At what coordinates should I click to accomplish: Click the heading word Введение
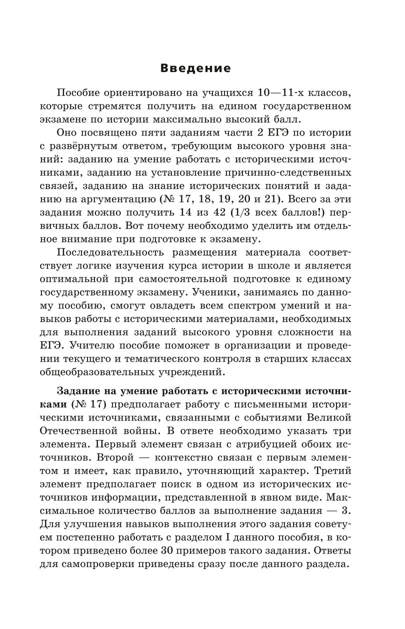pyautogui.click(x=202, y=67)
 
